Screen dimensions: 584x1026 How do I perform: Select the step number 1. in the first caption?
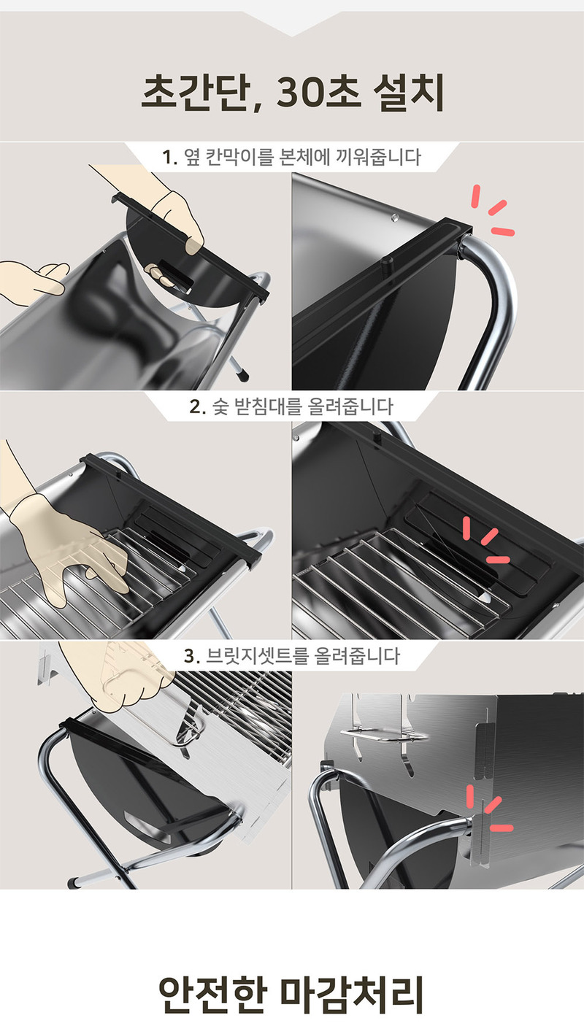(169, 158)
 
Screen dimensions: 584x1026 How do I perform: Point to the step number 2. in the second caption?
(197, 406)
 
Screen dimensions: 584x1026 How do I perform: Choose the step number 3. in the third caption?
(192, 656)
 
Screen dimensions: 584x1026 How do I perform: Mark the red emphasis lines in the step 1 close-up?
(493, 211)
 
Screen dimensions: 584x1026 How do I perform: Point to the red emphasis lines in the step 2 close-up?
(485, 539)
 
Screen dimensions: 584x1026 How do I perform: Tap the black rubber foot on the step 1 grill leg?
(242, 374)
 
